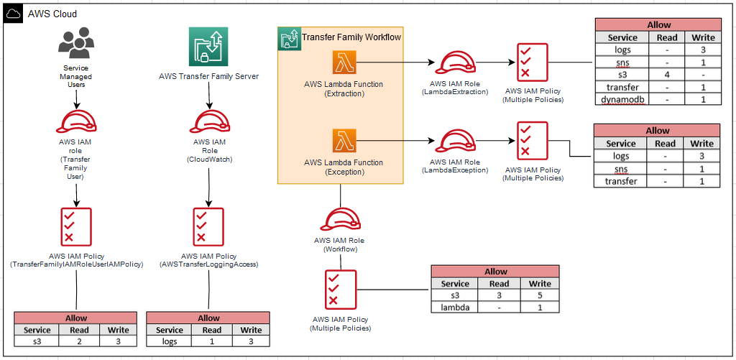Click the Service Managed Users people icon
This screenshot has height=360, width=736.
point(75,44)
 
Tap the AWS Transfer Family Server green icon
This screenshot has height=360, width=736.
point(208,47)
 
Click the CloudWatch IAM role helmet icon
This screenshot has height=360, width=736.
point(208,121)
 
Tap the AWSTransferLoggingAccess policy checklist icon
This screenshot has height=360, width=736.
point(208,226)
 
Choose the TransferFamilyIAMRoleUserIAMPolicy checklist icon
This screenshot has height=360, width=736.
point(76,226)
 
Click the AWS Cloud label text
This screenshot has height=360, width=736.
point(52,14)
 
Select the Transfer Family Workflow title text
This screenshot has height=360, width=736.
point(351,37)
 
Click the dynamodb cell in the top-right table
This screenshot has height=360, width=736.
point(622,99)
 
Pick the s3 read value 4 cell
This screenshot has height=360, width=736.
point(667,75)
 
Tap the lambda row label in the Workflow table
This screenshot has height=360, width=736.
point(455,308)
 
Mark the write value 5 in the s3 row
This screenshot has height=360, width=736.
point(540,295)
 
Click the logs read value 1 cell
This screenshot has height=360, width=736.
point(212,342)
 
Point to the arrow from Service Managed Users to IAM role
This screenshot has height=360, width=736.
point(75,100)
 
